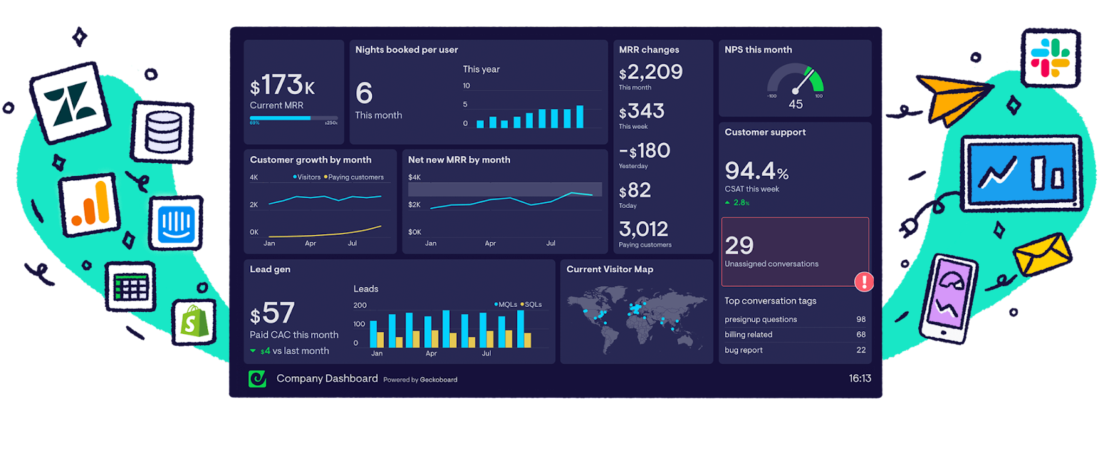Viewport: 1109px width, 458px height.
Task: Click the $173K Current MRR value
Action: point(282,86)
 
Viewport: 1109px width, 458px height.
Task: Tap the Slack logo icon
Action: point(1050,58)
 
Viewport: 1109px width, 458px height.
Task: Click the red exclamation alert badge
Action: point(864,281)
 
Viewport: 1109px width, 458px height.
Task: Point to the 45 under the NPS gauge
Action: point(796,105)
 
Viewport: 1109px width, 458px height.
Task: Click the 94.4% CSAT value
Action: point(756,170)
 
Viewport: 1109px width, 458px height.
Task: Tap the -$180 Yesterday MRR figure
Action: point(645,150)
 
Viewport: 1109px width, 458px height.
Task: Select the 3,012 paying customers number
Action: point(643,229)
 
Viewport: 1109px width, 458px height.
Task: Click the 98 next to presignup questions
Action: point(861,319)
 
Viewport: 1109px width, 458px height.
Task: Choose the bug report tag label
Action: point(743,351)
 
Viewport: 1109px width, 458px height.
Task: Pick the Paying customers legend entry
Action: point(354,177)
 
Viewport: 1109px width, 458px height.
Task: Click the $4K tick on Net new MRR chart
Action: point(414,177)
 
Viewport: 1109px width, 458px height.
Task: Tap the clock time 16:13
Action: point(859,378)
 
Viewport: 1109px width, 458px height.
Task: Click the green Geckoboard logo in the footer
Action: point(257,378)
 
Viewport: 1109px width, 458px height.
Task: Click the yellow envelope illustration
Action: point(1041,254)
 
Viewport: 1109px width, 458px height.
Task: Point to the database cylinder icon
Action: point(164,132)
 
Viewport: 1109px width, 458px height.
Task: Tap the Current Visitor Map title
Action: point(609,270)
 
